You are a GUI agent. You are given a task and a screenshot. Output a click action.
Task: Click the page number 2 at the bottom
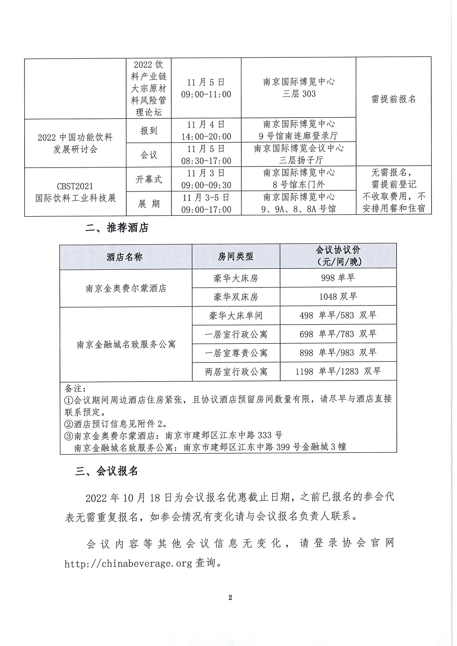click(x=230, y=598)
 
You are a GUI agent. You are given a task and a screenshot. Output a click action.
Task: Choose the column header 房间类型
click(x=235, y=257)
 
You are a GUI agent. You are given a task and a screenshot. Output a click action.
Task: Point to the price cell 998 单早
click(x=338, y=278)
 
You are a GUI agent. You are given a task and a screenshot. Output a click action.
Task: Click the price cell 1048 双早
click(x=338, y=297)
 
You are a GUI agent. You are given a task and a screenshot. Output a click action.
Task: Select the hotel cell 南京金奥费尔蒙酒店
click(x=126, y=288)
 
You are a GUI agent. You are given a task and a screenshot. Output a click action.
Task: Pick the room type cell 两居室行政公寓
click(x=236, y=371)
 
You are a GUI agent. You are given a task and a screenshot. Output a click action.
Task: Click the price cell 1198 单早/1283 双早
click(x=338, y=371)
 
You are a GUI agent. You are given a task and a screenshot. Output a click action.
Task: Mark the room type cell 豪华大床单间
click(x=236, y=316)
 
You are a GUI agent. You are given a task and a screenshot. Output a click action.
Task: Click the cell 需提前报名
click(x=393, y=99)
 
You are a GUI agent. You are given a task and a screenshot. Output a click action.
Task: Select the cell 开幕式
click(x=148, y=179)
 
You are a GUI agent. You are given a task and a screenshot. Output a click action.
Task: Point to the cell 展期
click(x=148, y=203)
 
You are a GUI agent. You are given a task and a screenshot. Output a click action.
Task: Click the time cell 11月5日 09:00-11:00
click(x=206, y=88)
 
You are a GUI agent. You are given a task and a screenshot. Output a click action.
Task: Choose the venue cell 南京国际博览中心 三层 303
click(x=299, y=88)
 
